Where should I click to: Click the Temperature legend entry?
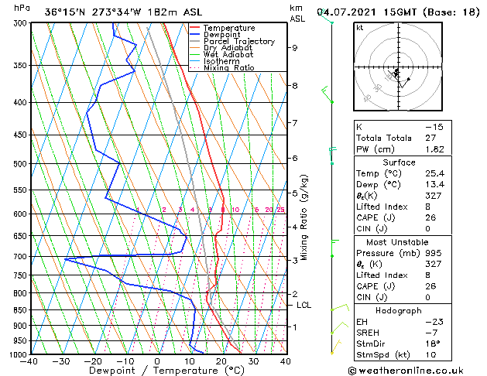[x=228, y=28]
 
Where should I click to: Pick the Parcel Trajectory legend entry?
[x=238, y=42]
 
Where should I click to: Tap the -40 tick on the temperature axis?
[x=30, y=361]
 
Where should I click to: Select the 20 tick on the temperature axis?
[x=221, y=361]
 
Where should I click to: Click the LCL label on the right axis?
[x=304, y=305]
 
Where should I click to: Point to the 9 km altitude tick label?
[x=294, y=48]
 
